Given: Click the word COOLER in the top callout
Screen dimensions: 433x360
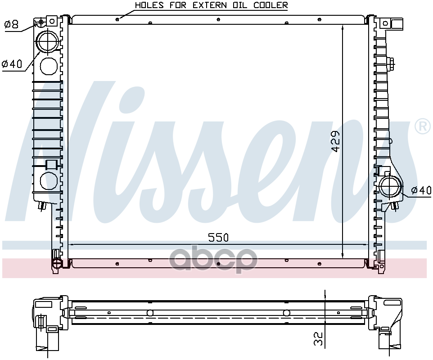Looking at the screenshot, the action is [271, 5].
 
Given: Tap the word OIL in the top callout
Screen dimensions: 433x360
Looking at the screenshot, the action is [239, 5].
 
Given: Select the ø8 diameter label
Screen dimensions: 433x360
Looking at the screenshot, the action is [12, 24].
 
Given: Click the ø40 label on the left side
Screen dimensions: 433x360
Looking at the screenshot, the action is [12, 64].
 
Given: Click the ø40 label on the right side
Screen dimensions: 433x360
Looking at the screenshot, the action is [421, 190].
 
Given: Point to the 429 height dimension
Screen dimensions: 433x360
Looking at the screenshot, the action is [336, 141].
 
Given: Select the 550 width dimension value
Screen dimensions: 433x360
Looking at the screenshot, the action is [218, 238].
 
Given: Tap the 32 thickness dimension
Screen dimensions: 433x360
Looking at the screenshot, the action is [318, 339].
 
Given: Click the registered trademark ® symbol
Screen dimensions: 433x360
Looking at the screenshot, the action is [423, 126].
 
